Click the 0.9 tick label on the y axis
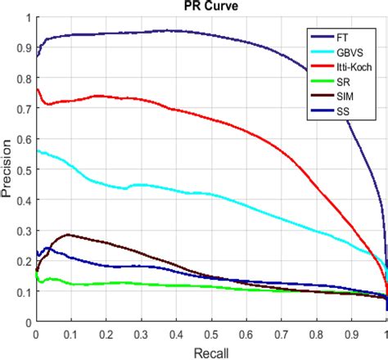[23, 47]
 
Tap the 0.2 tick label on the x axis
[106, 335]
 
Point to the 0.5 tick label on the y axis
[23, 170]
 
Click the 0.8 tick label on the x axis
[317, 335]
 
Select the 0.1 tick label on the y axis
[23, 292]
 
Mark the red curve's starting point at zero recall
[36, 89]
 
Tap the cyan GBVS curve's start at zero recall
[36, 151]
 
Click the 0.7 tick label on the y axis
[23, 109]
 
